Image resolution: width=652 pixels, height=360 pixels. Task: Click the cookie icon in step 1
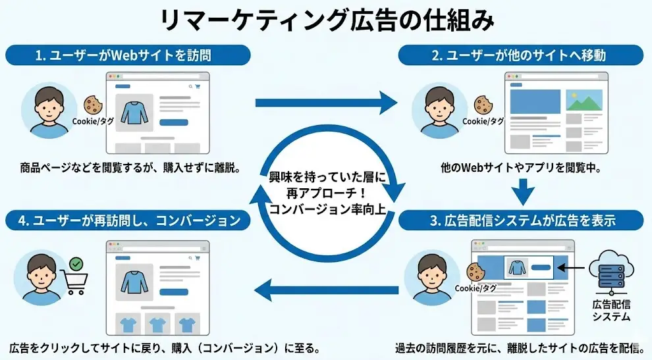(92, 105)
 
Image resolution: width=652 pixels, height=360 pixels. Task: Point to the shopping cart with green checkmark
(75, 276)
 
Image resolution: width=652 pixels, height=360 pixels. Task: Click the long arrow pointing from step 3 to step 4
(326, 288)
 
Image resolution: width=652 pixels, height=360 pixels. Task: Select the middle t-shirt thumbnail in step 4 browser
(157, 324)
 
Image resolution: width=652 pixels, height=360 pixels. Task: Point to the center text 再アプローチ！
(327, 193)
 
